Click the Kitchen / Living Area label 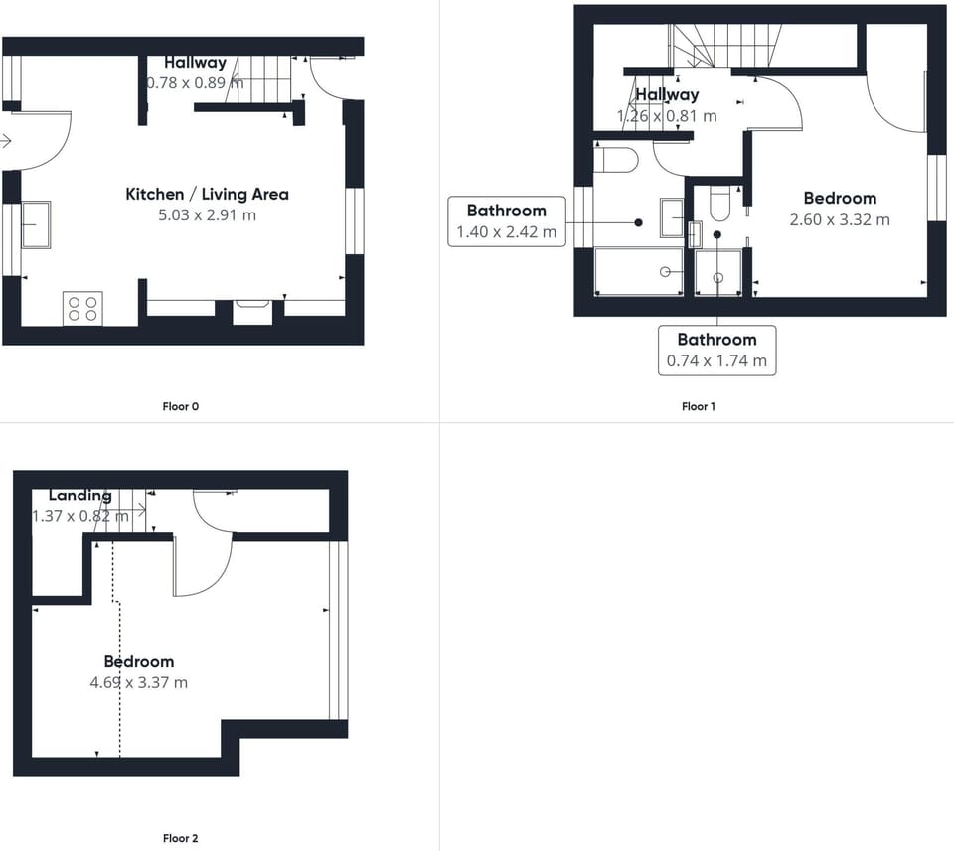point(207,194)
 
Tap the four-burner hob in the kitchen point(82,308)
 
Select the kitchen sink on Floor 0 point(36,224)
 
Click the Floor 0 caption point(181,407)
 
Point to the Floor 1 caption point(699,407)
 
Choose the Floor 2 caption point(181,838)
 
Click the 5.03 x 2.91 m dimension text point(207,215)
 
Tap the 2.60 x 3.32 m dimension point(840,219)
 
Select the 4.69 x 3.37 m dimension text point(139,682)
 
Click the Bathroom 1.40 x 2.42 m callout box point(507,221)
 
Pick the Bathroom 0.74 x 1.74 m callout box point(716,351)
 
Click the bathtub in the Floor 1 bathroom point(639,272)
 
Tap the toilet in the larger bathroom point(616,161)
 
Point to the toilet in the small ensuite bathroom point(719,204)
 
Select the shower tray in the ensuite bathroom point(717,273)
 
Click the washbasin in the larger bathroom point(672,217)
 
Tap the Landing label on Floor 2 point(80,496)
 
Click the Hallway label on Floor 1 point(668,94)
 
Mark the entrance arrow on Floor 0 point(6,142)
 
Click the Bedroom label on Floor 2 point(139,661)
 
